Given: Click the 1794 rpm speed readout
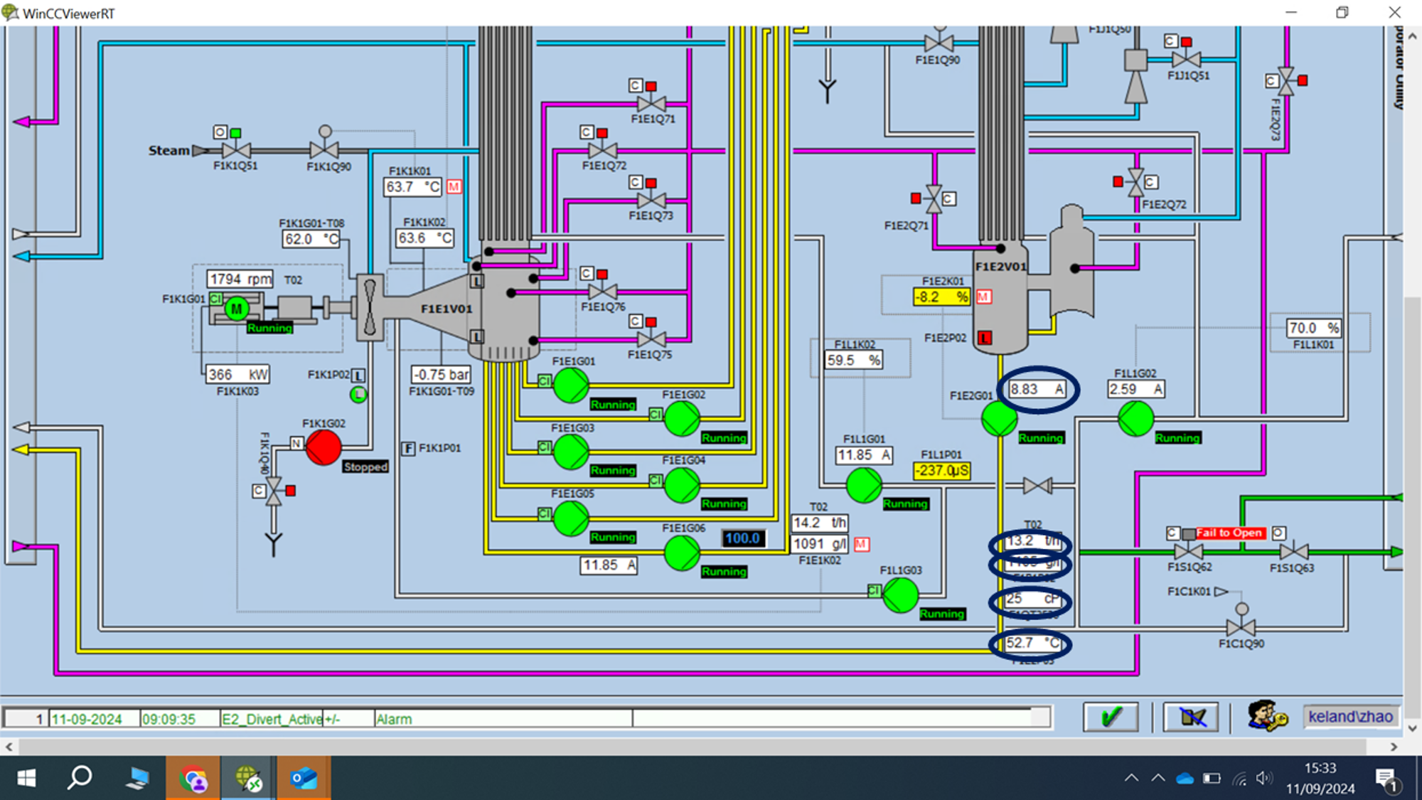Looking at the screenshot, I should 240,279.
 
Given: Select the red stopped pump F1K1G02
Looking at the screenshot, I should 324,448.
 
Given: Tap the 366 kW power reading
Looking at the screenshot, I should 237,374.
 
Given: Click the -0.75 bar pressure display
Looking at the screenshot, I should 441,374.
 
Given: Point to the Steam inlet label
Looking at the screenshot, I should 169,151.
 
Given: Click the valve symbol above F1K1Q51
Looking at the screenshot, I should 236,150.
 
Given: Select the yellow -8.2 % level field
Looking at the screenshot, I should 941,297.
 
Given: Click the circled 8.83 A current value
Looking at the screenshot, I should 1037,389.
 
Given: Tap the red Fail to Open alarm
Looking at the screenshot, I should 1229,533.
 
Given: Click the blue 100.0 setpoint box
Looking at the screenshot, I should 743,538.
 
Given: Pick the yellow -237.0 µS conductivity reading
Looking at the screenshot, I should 941,471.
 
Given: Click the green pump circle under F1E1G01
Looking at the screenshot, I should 571,385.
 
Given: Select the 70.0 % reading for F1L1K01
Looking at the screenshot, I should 1313,328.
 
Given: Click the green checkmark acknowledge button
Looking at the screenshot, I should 1111,717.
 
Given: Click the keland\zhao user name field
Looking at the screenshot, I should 1349,717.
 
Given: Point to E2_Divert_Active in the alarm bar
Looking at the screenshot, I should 272,719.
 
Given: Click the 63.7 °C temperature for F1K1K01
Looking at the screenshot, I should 412,187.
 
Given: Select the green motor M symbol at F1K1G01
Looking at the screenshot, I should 237,309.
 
